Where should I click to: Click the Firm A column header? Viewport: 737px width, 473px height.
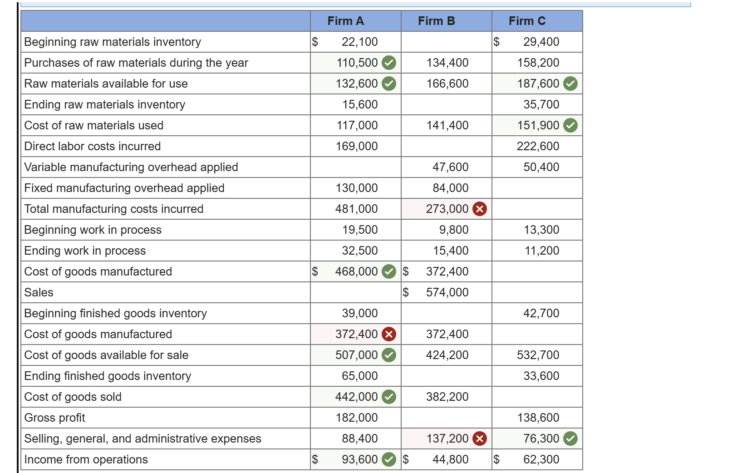click(x=345, y=21)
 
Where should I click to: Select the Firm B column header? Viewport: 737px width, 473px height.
click(x=436, y=21)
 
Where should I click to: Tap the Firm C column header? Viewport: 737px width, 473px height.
click(x=527, y=21)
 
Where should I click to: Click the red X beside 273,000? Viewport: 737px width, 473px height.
click(x=480, y=209)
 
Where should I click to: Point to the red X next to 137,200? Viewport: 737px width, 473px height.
click(x=480, y=439)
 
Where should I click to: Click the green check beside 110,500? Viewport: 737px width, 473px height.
click(x=389, y=63)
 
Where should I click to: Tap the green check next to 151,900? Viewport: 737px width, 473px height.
click(x=570, y=125)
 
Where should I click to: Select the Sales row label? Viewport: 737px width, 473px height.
click(x=39, y=292)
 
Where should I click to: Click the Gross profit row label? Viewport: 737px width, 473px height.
click(x=55, y=418)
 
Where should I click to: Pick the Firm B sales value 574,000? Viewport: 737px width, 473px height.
click(x=447, y=292)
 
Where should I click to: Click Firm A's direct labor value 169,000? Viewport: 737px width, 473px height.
click(x=357, y=146)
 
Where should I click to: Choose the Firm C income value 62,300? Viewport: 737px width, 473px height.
click(x=541, y=459)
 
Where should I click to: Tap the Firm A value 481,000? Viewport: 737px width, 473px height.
click(x=357, y=209)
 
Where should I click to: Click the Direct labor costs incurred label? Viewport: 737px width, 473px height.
click(x=93, y=146)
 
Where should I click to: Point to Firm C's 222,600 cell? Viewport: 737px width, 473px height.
click(x=538, y=146)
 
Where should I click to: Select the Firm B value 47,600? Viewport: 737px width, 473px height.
click(x=450, y=167)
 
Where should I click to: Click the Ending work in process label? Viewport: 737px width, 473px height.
click(x=85, y=251)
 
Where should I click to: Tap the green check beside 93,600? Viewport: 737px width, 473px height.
click(x=389, y=459)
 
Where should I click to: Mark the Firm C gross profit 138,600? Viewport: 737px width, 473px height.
click(x=538, y=418)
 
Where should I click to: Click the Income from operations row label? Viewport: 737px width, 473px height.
click(x=86, y=459)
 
